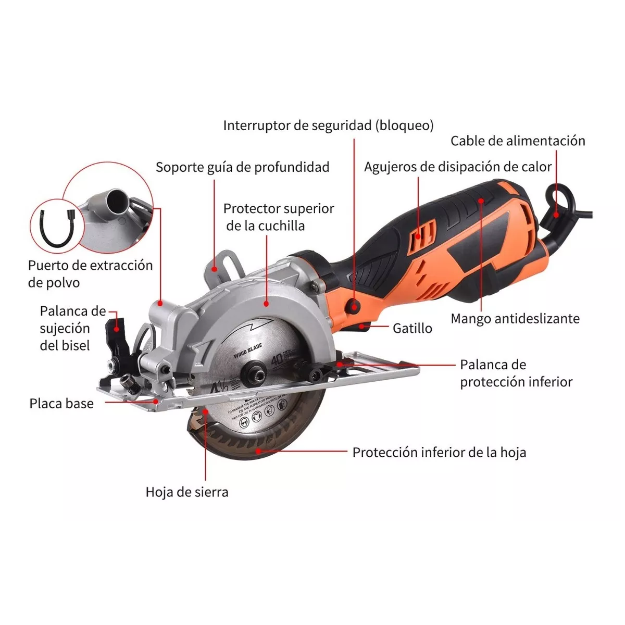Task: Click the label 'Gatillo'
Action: click(x=412, y=328)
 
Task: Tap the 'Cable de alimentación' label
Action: click(x=517, y=141)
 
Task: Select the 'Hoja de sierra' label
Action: click(x=186, y=492)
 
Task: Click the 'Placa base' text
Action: click(x=61, y=404)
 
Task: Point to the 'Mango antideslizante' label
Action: click(x=515, y=319)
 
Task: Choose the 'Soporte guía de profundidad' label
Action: click(x=242, y=167)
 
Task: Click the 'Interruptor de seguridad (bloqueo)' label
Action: click(x=328, y=126)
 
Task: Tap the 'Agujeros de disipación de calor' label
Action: click(x=457, y=167)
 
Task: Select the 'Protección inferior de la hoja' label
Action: click(x=439, y=453)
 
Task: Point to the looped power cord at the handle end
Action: click(x=557, y=203)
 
